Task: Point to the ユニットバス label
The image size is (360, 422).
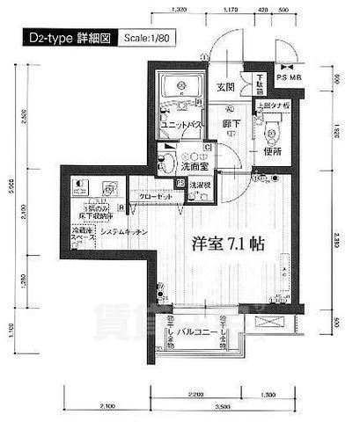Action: tap(183, 125)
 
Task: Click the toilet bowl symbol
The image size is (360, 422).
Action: tap(272, 133)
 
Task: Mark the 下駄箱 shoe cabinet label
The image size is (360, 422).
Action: tap(259, 84)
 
